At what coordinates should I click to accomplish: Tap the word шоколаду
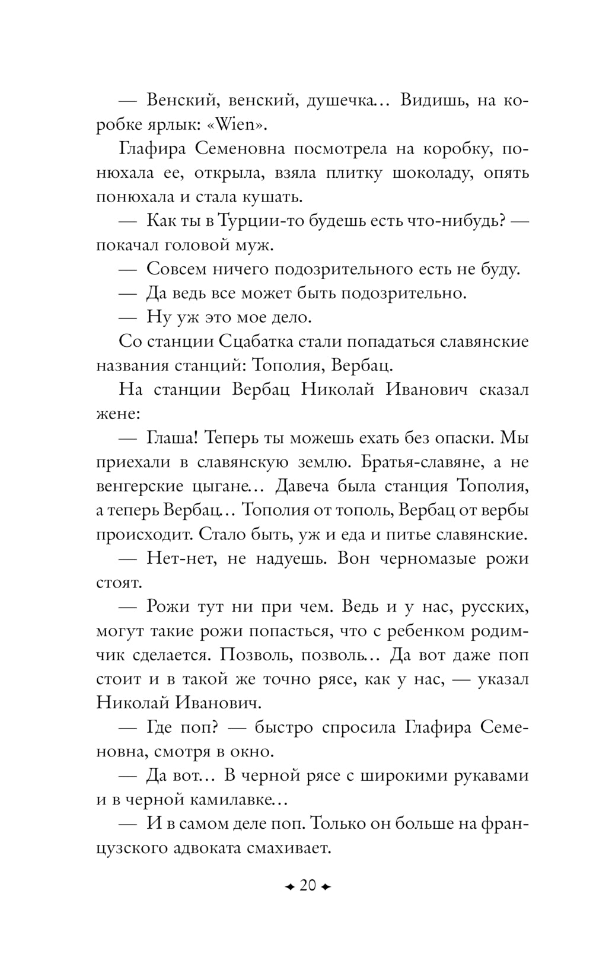(x=432, y=173)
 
